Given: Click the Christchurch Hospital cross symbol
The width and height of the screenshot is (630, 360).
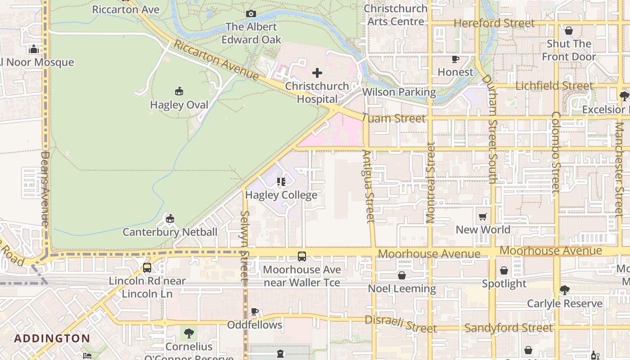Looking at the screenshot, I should click(317, 73).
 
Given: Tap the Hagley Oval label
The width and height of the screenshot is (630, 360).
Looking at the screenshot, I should click(179, 105).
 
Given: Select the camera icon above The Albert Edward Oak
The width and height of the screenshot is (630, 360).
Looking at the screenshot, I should click(251, 14).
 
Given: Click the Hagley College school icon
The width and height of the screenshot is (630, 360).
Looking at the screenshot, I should click(281, 182).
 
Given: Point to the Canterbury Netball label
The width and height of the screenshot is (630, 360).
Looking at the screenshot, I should click(170, 232).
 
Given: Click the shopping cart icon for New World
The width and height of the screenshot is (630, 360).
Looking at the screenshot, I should click(483, 217).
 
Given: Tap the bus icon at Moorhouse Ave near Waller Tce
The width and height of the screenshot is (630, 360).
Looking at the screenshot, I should click(302, 256).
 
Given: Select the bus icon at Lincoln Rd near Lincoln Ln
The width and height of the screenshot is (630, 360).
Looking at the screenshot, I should click(147, 268).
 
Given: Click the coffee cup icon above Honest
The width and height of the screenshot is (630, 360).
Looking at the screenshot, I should click(455, 59).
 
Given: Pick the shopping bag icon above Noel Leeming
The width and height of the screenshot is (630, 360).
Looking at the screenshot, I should click(402, 275).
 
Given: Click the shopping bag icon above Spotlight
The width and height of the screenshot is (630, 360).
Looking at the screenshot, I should click(504, 270).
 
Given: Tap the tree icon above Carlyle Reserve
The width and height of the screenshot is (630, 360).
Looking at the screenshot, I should click(565, 290).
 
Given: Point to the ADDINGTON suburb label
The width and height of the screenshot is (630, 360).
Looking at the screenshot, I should click(52, 338).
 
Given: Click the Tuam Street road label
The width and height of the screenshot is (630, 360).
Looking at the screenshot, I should click(394, 118).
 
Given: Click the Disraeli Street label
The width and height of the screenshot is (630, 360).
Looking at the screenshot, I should click(400, 324).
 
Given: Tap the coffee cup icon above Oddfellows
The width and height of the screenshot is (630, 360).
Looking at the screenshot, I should click(255, 311).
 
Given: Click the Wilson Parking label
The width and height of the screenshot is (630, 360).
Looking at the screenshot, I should click(399, 92).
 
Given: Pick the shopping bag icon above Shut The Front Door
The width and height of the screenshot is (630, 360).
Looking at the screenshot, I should click(569, 31).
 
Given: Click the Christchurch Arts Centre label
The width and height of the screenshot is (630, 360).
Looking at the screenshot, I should click(396, 15).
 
